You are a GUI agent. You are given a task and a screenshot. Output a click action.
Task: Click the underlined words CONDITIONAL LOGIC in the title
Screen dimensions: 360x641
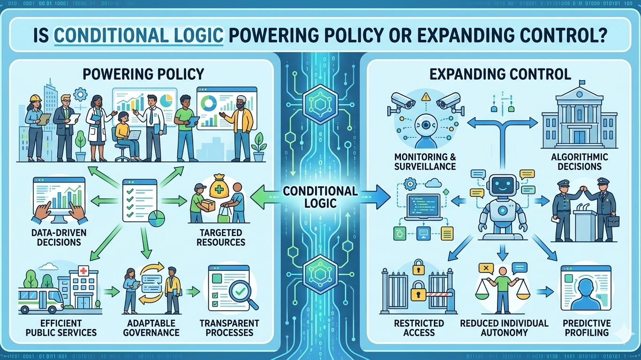pyautogui.click(x=139, y=37)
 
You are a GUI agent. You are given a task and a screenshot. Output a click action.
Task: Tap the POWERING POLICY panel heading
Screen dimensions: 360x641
pyautogui.click(x=143, y=74)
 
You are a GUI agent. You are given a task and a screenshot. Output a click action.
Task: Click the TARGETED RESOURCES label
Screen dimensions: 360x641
pyautogui.click(x=221, y=237)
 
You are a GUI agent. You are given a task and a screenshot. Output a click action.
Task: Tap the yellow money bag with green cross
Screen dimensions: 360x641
pyautogui.click(x=219, y=188)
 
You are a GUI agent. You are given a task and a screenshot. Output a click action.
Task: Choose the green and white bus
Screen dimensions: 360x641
pyautogui.click(x=41, y=298)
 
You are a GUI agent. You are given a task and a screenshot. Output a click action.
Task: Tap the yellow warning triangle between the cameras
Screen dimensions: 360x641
pyautogui.click(x=425, y=97)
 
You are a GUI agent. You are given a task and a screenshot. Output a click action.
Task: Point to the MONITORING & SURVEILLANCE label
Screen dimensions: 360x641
pyautogui.click(x=425, y=161)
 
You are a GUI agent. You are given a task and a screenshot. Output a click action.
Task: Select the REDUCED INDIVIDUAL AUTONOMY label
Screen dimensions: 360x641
pyautogui.click(x=504, y=328)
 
